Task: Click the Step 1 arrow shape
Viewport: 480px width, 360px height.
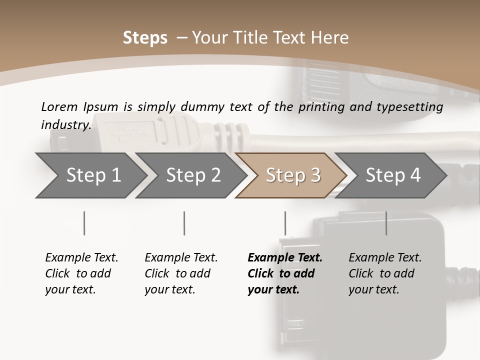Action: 90,175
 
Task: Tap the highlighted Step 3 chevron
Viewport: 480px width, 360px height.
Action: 292,175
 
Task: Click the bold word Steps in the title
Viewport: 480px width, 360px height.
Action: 145,38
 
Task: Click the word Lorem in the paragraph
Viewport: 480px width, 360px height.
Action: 59,106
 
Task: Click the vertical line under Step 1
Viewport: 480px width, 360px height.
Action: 84,223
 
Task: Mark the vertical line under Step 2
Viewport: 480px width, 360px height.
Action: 184,223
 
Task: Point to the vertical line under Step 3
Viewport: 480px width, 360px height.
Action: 285,223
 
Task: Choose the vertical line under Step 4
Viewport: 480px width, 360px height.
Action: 386,223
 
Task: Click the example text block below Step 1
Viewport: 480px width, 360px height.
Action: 81,273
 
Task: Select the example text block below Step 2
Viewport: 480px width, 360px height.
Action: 181,273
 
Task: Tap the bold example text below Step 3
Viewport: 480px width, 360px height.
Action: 284,273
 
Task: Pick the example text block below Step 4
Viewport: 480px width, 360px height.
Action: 385,273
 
